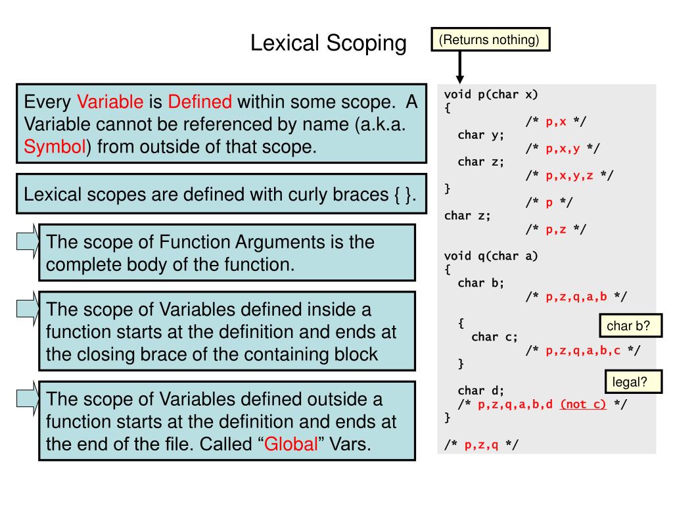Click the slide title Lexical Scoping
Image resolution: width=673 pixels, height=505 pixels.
(329, 43)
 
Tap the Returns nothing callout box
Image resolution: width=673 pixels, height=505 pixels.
(490, 39)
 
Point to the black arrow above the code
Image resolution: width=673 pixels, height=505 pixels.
(460, 66)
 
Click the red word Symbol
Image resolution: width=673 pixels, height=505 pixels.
(55, 147)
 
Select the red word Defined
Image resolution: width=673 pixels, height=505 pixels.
(200, 102)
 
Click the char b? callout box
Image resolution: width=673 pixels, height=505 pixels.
(629, 325)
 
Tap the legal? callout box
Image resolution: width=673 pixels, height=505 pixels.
(630, 381)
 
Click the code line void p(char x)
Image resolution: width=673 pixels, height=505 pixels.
(491, 94)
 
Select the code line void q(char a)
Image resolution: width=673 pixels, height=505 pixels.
(491, 256)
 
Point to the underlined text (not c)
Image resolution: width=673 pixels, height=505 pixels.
(583, 404)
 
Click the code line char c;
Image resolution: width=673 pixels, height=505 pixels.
(495, 337)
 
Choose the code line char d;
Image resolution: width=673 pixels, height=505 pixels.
(481, 391)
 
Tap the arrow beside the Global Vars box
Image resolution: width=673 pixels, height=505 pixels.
(27, 400)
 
